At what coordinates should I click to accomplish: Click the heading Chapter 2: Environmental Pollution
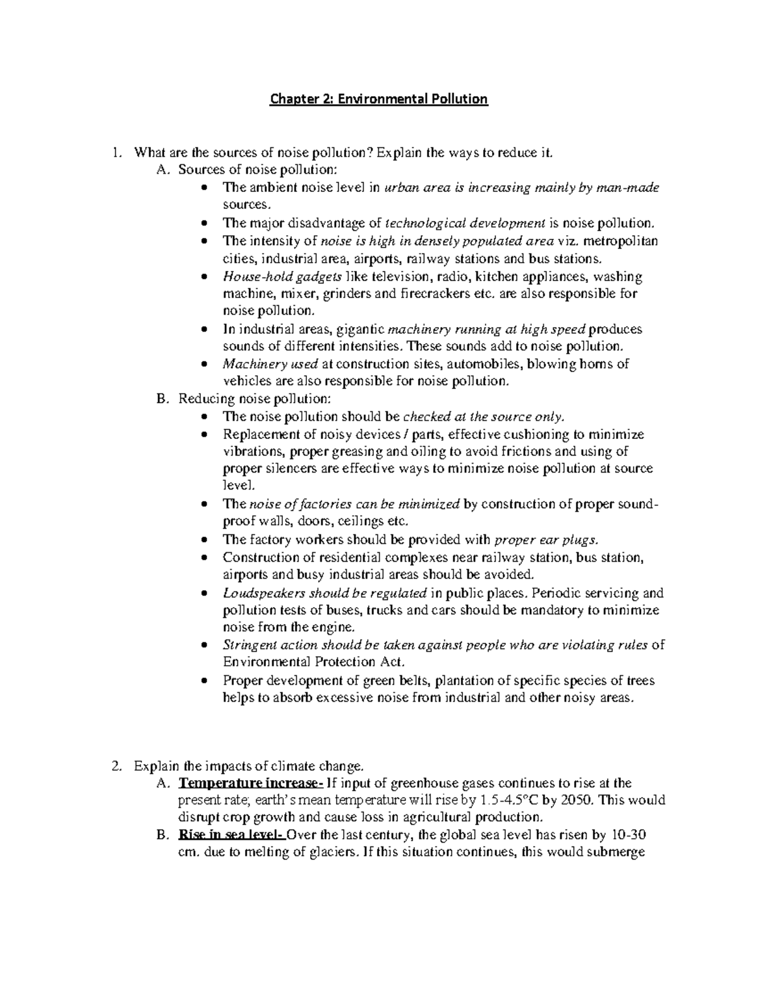(379, 99)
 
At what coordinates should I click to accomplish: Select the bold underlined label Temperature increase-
(251, 783)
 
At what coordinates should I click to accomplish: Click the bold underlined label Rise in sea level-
(232, 835)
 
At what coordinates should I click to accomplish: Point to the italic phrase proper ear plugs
(544, 539)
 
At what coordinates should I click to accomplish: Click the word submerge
(616, 852)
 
